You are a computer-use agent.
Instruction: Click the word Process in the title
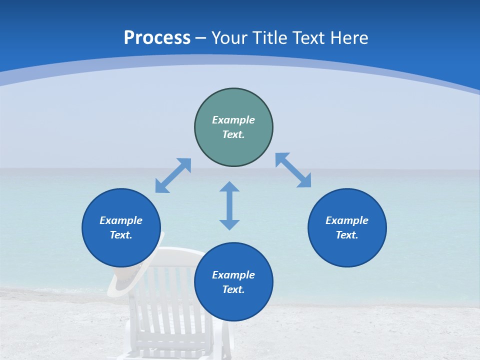pos(157,38)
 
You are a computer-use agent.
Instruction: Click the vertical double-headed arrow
pos(229,205)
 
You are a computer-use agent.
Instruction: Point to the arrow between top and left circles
pos(173,175)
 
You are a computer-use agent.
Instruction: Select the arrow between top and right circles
pos(293,170)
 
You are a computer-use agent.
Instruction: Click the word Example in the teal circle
pos(233,120)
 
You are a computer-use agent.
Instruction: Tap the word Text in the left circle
pos(121,235)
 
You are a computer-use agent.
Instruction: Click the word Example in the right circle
pos(347,220)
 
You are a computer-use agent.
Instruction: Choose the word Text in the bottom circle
pos(233,289)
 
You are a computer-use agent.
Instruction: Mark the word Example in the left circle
pos(121,220)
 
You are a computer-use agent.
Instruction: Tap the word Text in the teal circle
pos(233,134)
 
